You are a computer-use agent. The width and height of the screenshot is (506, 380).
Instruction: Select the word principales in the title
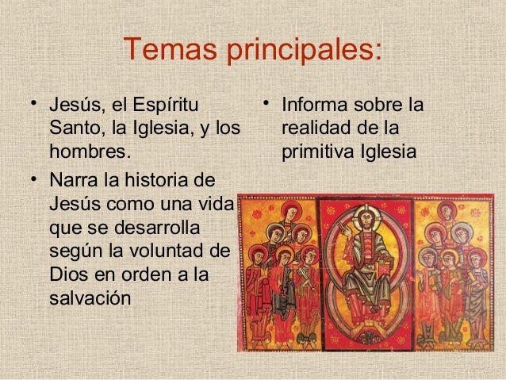click(305, 52)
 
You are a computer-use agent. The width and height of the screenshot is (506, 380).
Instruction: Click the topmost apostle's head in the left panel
click(291, 212)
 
